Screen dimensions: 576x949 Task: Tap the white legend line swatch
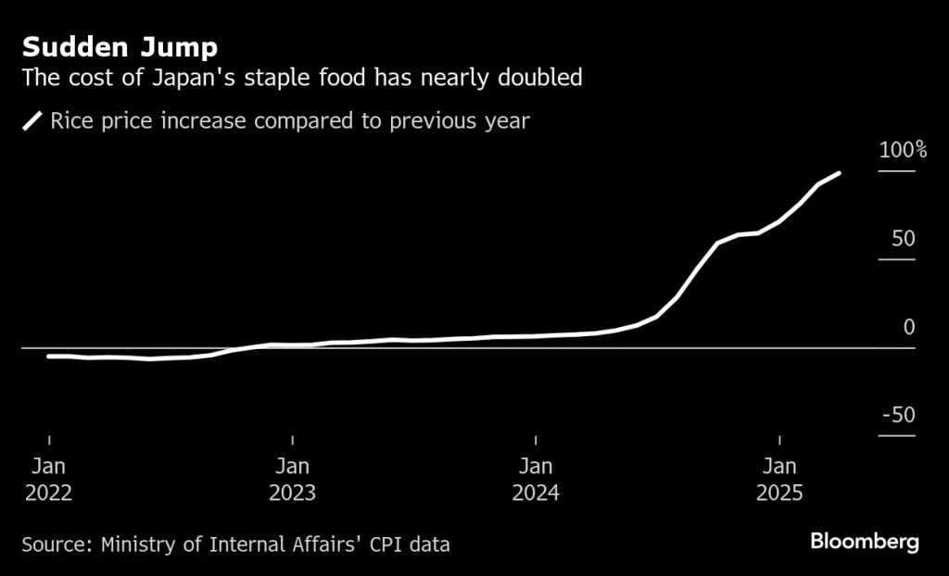pyautogui.click(x=33, y=121)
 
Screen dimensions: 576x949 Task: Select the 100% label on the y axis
pyautogui.click(x=902, y=150)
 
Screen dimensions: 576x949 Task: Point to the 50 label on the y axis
pyautogui.click(x=903, y=239)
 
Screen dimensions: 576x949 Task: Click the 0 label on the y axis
pyautogui.click(x=908, y=327)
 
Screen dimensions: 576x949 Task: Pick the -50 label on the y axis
pyautogui.click(x=898, y=415)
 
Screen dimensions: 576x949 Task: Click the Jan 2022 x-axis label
pyautogui.click(x=48, y=479)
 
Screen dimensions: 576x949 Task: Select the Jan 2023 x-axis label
pyautogui.click(x=292, y=479)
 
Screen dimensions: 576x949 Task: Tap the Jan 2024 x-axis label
pyautogui.click(x=536, y=479)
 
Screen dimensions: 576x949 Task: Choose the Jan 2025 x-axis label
pyautogui.click(x=779, y=479)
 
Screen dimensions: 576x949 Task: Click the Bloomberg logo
pyautogui.click(x=865, y=542)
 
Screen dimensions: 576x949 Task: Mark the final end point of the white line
pyautogui.click(x=839, y=173)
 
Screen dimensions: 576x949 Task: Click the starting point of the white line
pyautogui.click(x=48, y=356)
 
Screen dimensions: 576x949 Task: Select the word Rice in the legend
pyautogui.click(x=72, y=121)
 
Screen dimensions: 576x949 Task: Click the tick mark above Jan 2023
pyautogui.click(x=292, y=439)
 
